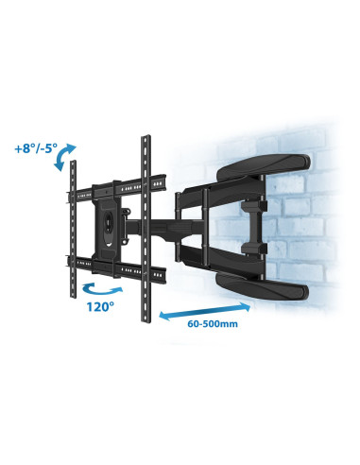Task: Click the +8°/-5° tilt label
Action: [36, 148]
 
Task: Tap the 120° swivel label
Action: [100, 306]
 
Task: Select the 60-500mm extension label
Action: [213, 323]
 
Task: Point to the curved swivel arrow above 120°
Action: [101, 290]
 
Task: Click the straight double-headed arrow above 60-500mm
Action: [205, 311]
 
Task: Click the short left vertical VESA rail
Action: [73, 229]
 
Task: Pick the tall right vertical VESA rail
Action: [146, 229]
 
